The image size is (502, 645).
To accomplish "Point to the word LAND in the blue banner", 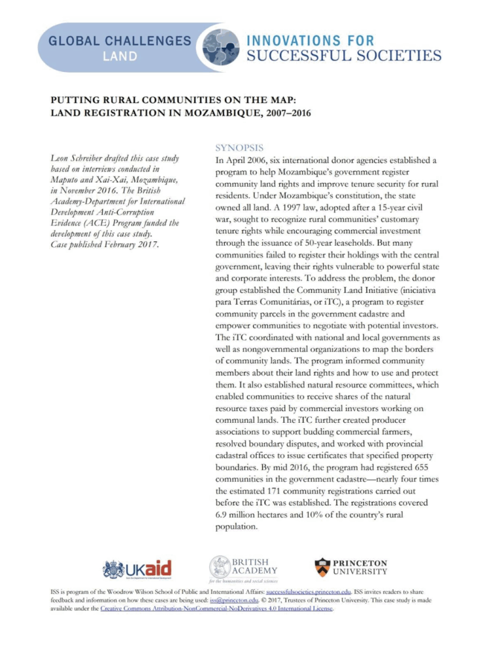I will click(x=122, y=57).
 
